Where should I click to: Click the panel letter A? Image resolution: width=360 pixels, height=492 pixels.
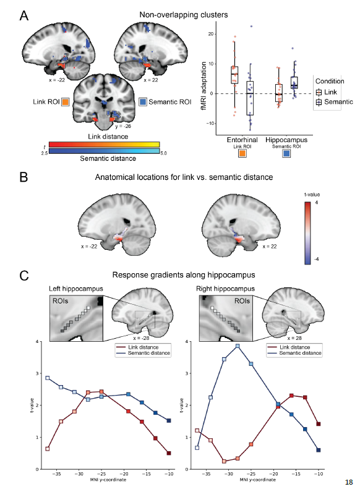click(x=24, y=15)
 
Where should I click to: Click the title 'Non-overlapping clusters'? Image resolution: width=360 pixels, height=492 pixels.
click(x=184, y=15)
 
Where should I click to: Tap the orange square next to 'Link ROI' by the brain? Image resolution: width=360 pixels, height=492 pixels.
click(x=66, y=102)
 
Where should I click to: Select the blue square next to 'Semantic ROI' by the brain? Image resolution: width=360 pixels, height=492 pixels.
click(x=143, y=102)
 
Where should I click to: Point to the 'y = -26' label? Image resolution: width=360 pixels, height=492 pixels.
click(x=123, y=126)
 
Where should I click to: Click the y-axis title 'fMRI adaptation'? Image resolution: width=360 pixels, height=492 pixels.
click(x=204, y=85)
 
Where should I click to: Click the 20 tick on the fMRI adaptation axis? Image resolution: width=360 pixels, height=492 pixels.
click(x=210, y=34)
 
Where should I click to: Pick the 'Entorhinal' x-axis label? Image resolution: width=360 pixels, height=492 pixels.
click(x=242, y=140)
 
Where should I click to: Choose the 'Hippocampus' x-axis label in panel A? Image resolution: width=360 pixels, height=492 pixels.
click(x=286, y=140)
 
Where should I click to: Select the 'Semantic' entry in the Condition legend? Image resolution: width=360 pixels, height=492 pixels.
click(x=338, y=101)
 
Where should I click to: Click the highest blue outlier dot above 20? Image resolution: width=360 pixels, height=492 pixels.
click(x=251, y=27)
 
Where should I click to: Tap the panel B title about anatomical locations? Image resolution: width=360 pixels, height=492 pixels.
click(x=184, y=177)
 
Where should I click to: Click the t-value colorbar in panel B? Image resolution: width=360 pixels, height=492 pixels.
click(x=307, y=233)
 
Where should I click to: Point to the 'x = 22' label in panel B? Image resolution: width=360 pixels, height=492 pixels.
click(x=270, y=247)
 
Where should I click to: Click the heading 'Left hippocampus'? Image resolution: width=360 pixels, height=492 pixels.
click(x=75, y=289)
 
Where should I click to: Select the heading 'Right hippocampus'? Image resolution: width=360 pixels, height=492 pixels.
click(x=225, y=289)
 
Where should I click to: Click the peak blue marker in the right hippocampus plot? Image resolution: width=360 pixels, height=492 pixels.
click(x=238, y=346)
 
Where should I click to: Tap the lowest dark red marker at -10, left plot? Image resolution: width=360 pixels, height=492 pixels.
click(x=169, y=453)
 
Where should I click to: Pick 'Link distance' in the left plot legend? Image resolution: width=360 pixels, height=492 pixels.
click(x=144, y=347)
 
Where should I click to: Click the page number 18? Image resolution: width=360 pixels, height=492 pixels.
click(x=349, y=482)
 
